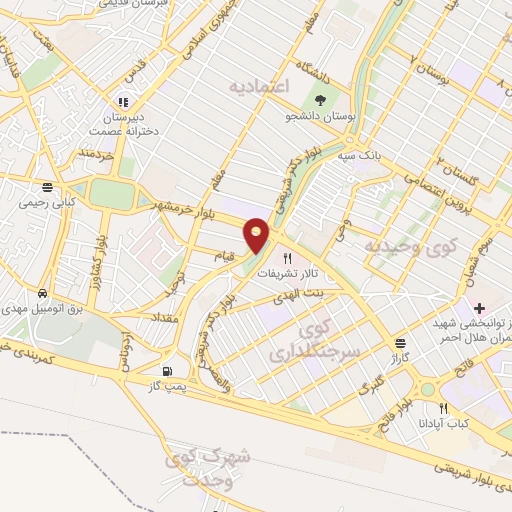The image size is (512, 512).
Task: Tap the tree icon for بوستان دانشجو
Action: pyautogui.click(x=320, y=100)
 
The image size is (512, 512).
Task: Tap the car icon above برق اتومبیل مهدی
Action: pyautogui.click(x=42, y=294)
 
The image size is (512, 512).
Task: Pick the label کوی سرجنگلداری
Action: pyautogui.click(x=309, y=341)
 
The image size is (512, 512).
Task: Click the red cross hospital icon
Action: pyautogui.click(x=480, y=307)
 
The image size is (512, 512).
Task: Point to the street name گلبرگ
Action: pyautogui.click(x=371, y=382)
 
